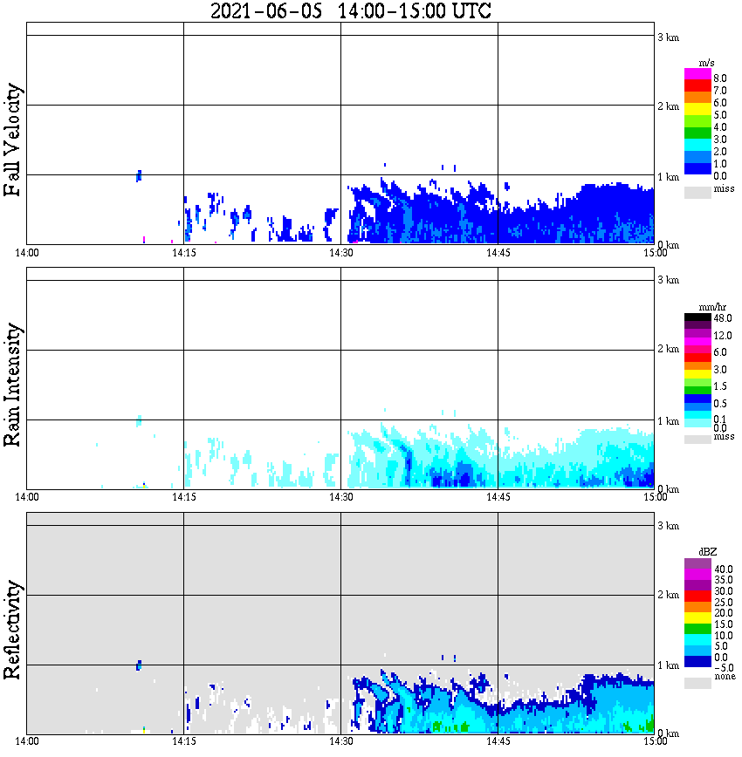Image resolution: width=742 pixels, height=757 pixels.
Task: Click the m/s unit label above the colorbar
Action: pos(697,63)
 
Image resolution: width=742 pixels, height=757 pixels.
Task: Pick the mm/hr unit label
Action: pos(699,307)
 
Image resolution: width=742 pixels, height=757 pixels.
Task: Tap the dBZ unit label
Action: pos(698,552)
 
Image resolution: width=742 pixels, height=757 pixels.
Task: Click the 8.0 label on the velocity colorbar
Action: pos(720,78)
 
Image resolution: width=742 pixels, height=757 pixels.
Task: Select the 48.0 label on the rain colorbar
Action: pos(722,319)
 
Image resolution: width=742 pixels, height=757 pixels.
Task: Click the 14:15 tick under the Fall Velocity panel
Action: pos(183,253)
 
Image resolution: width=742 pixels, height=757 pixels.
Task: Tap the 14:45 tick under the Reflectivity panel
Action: pos(498,741)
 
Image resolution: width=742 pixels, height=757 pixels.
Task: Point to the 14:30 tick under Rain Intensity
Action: pos(340,497)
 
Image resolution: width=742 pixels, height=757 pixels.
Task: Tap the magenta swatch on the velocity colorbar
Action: pos(697,74)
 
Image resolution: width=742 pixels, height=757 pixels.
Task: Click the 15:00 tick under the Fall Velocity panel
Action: pos(655,253)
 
